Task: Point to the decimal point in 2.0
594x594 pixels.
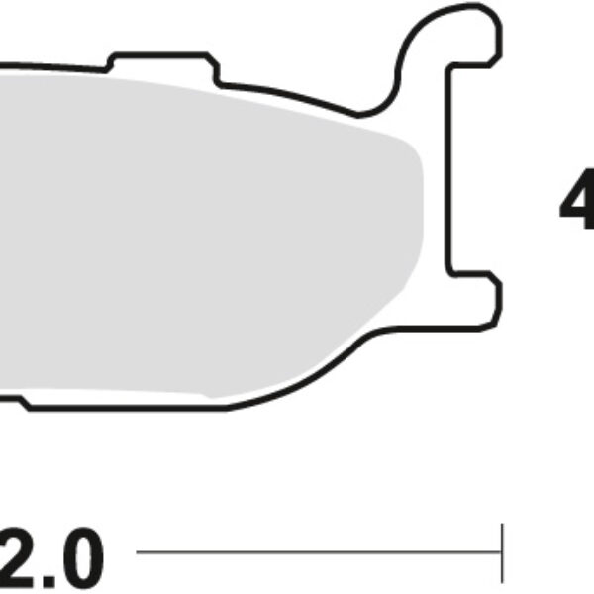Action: tap(49, 580)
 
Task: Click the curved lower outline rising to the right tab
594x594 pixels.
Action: tap(337, 366)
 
